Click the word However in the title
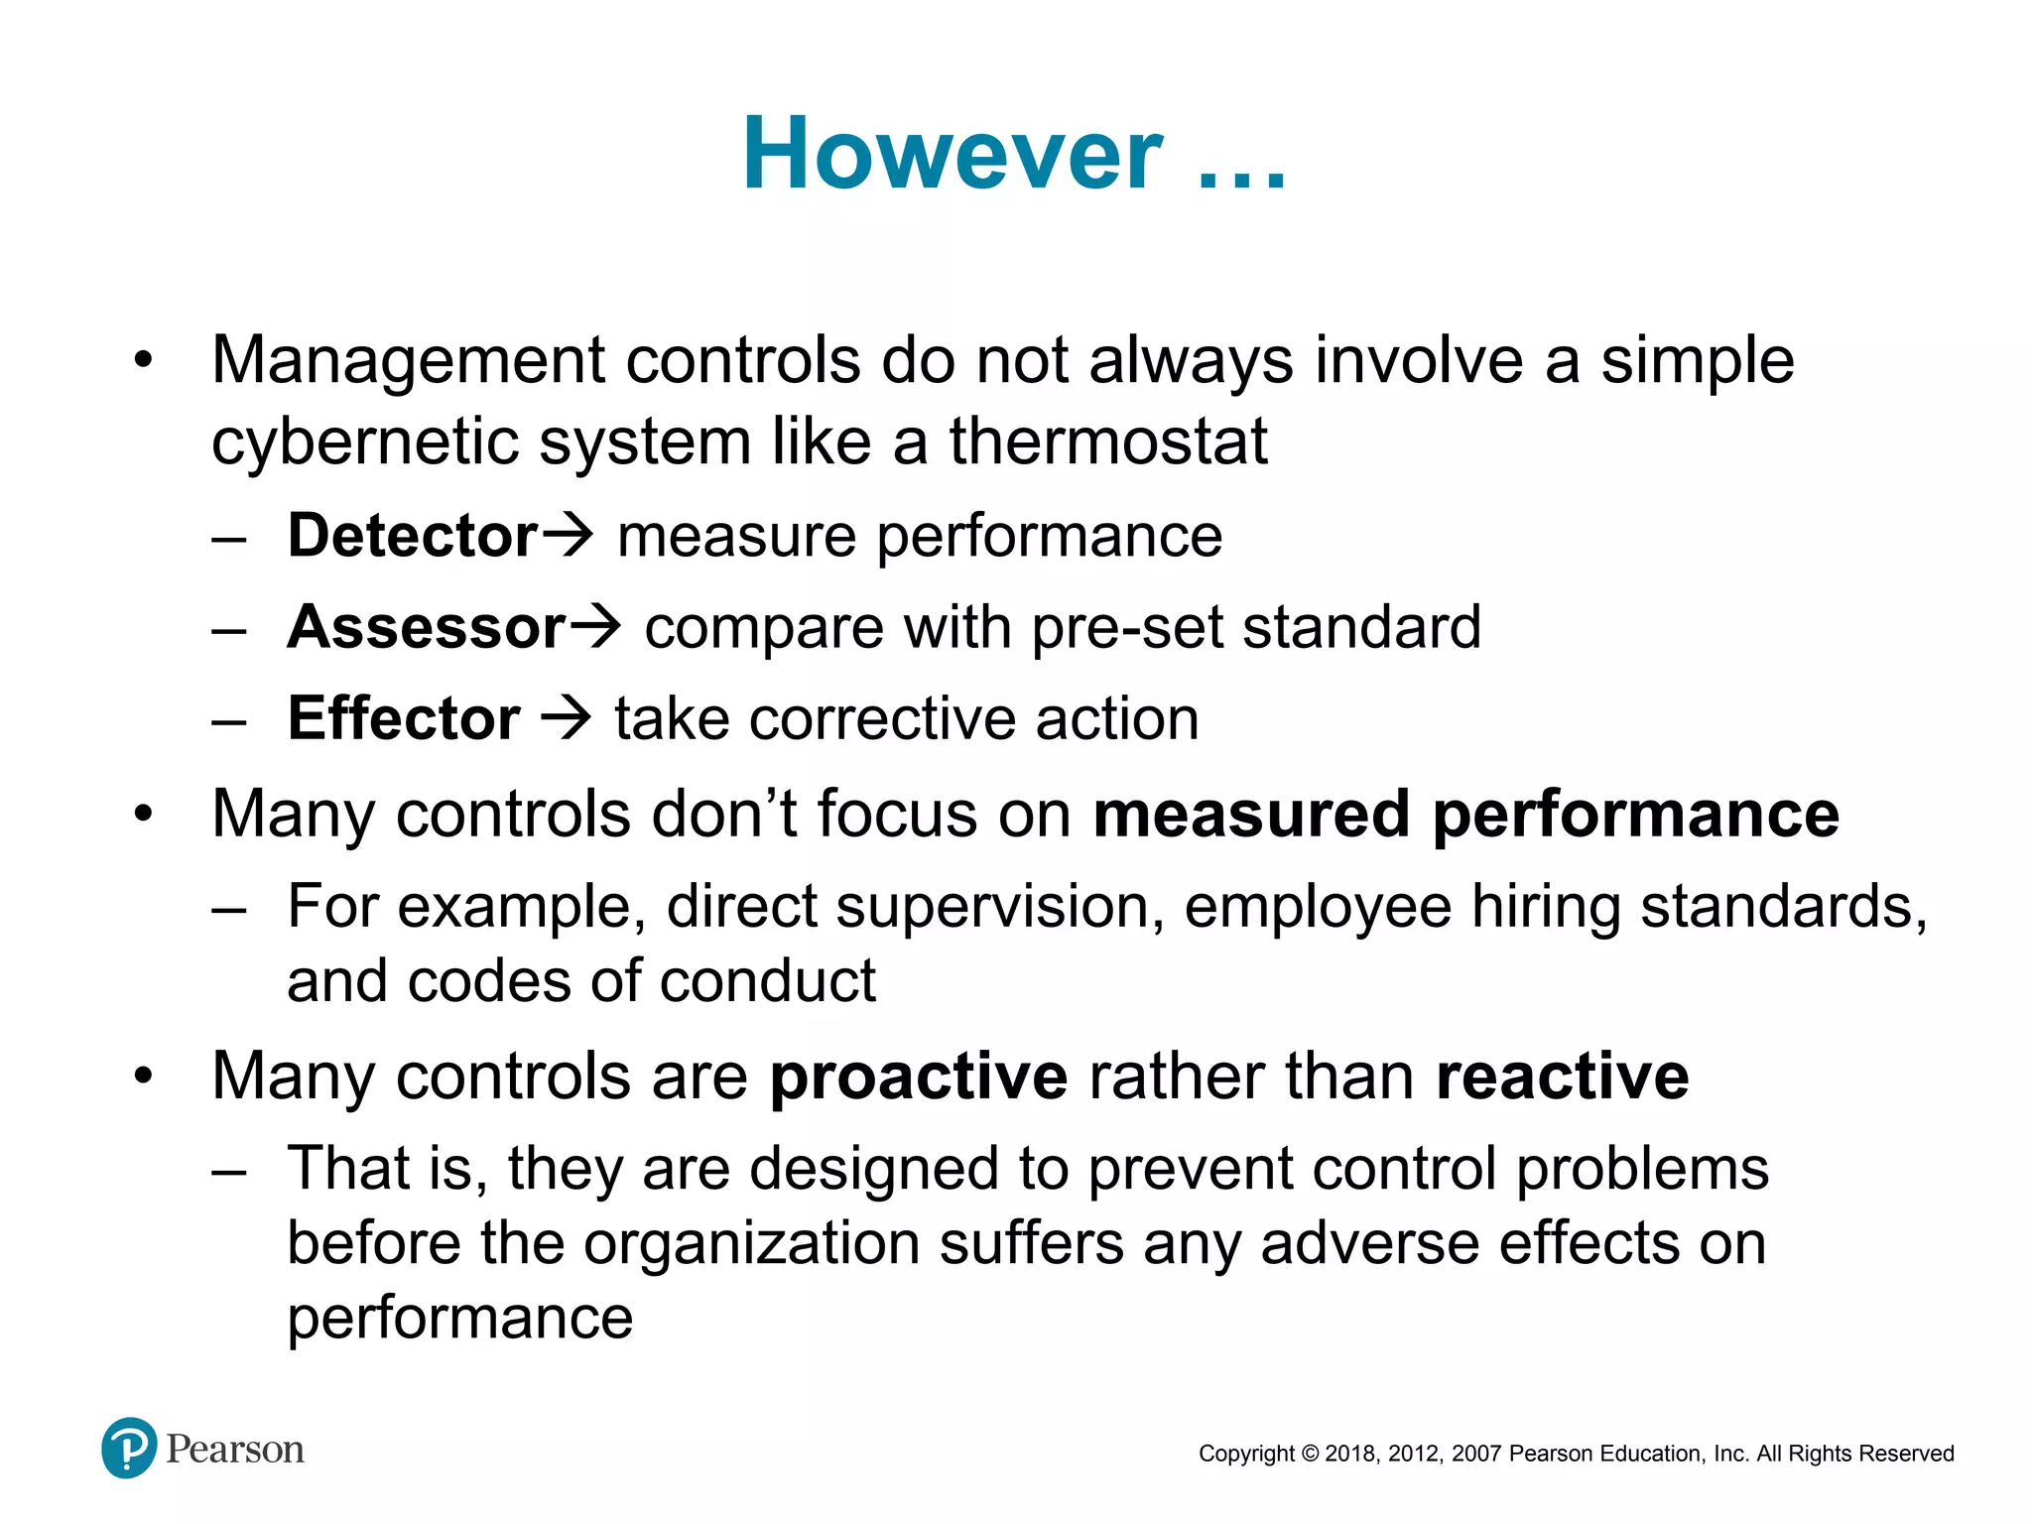[952, 154]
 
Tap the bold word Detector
[412, 536]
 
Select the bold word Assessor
[426, 627]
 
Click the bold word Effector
[403, 718]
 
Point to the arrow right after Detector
[569, 536]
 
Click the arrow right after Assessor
[595, 627]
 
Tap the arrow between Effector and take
[567, 718]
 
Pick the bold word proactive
[918, 1078]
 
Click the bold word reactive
[1562, 1078]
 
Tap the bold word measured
[1250, 815]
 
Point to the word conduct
[767, 981]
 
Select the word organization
[751, 1244]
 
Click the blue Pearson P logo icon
[129, 1448]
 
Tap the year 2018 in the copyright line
[1349, 1454]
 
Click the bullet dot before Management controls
[144, 361]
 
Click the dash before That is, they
[229, 1171]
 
